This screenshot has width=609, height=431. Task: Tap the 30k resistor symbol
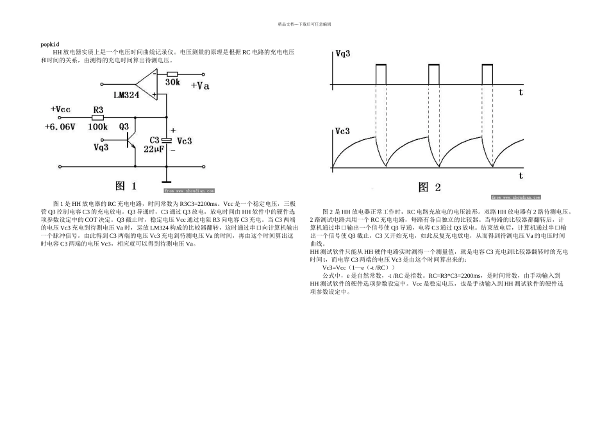click(172, 74)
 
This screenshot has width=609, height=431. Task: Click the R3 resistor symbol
click(97, 118)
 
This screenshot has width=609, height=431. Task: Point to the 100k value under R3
click(98, 127)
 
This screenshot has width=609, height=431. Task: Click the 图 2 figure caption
click(430, 187)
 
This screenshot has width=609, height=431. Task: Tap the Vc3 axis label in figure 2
click(343, 131)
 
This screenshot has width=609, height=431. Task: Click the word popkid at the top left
click(50, 44)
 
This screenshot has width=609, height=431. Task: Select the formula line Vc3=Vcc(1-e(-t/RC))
click(359, 267)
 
